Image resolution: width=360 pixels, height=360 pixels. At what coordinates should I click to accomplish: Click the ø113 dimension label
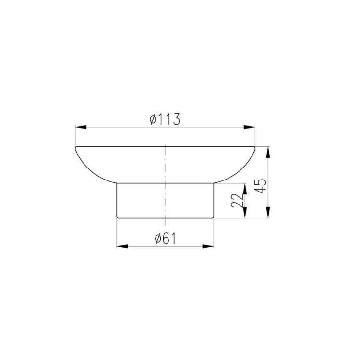click(x=165, y=120)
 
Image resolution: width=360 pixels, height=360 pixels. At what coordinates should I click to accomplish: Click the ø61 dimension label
click(x=165, y=239)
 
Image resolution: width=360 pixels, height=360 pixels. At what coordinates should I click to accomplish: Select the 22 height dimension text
click(x=237, y=201)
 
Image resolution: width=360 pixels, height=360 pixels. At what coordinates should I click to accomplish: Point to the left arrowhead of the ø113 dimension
click(x=81, y=127)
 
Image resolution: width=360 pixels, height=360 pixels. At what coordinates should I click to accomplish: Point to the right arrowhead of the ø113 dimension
click(x=249, y=127)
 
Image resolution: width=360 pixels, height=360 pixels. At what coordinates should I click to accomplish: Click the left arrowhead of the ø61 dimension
click(x=122, y=246)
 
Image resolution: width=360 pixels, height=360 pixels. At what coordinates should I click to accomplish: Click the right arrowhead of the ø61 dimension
click(x=208, y=246)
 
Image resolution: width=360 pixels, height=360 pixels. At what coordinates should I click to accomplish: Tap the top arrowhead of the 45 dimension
click(x=268, y=153)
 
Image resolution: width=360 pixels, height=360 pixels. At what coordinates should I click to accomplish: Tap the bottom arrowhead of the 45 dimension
click(x=268, y=212)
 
